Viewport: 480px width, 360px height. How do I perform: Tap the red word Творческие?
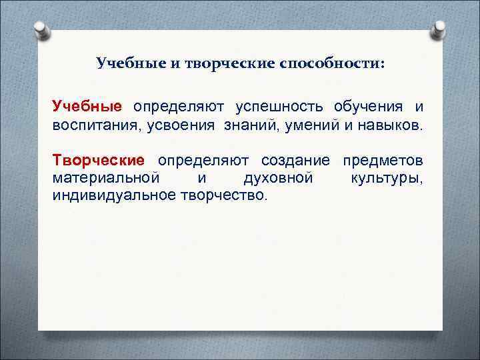[98, 161]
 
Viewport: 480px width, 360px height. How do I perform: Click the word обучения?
[363, 107]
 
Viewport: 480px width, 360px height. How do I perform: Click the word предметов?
[383, 161]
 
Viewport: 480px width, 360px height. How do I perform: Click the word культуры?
[386, 178]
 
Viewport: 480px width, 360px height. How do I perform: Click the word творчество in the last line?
[223, 195]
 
